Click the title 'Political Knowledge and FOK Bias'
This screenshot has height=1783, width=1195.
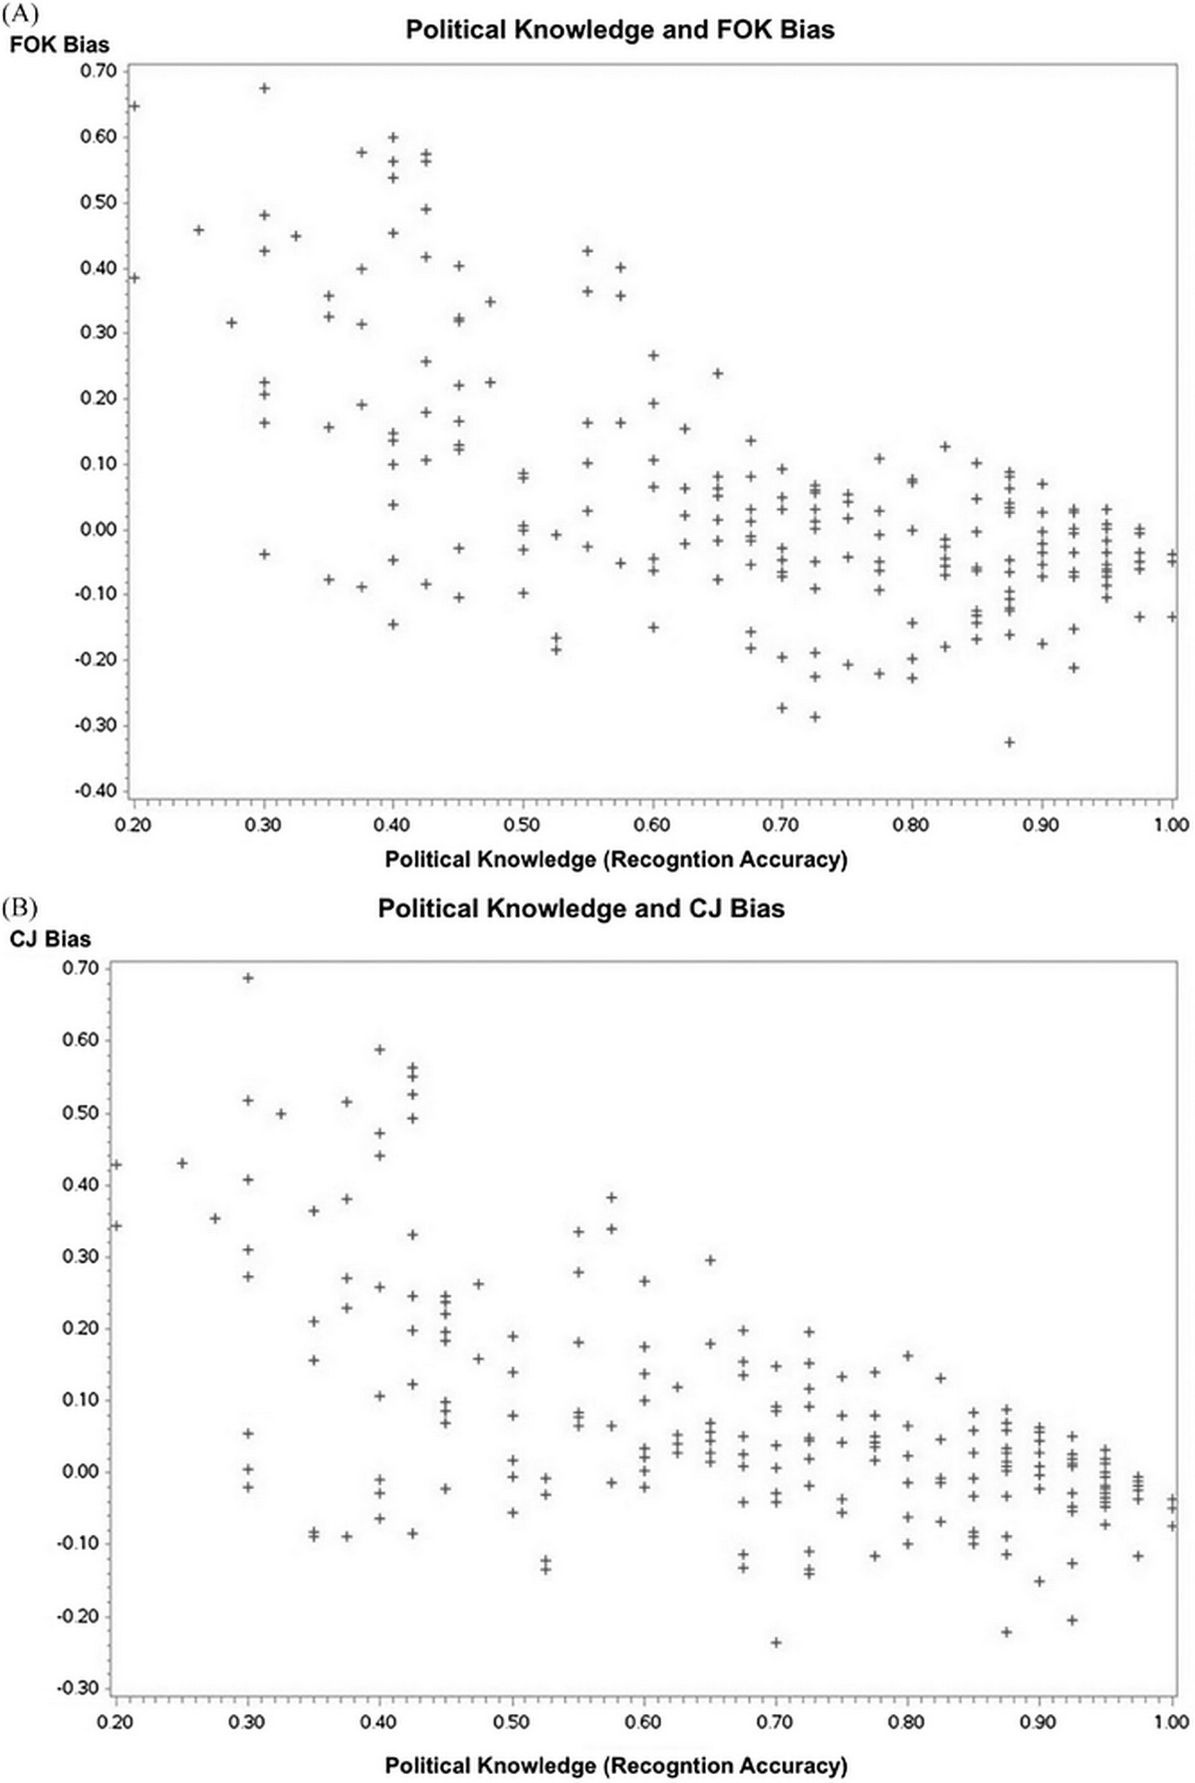619,30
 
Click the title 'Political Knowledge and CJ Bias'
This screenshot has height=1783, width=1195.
581,908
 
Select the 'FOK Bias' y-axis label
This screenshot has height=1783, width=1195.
60,45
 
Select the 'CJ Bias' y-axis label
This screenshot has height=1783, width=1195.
50,938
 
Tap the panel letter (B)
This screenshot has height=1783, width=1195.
17,907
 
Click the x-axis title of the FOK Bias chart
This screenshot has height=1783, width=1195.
616,859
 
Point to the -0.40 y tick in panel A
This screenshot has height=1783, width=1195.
99,791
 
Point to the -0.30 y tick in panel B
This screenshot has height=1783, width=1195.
80,1687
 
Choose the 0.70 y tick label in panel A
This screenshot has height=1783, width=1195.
99,71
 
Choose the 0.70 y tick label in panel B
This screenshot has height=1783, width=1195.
80,968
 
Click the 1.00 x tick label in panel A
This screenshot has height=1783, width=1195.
1172,825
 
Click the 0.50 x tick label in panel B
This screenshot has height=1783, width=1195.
512,1720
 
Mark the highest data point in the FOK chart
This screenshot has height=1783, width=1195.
265,89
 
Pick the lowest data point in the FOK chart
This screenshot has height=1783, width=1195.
1010,742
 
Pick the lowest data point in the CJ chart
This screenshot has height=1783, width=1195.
776,1642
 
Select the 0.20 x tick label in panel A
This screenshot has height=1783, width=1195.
133,825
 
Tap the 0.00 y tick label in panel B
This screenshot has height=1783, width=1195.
80,1471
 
